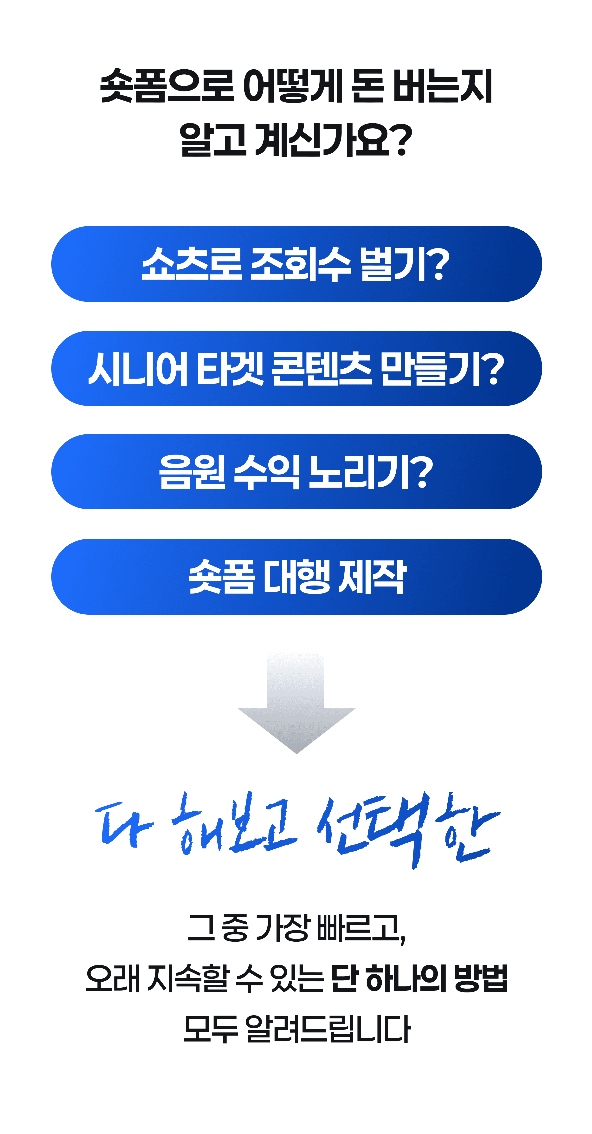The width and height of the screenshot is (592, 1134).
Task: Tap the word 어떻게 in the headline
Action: coord(293,86)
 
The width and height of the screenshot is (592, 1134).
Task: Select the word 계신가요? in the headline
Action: coord(333,140)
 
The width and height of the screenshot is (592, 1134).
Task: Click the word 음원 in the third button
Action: coord(192,472)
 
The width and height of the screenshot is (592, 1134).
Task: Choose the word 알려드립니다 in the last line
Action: coord(328,1029)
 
